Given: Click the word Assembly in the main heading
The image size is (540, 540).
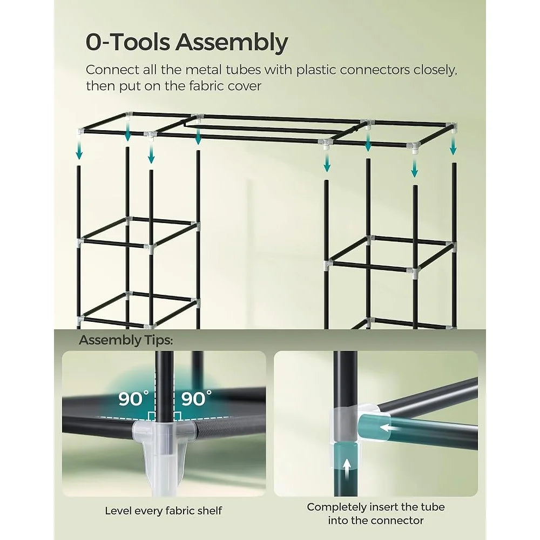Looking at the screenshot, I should point(234,43).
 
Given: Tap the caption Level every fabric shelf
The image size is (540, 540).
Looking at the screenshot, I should point(163,510).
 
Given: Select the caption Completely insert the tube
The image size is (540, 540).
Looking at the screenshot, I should point(376,507).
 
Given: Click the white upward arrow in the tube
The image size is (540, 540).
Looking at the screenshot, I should point(347,466).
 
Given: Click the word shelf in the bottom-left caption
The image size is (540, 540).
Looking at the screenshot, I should point(209,510).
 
